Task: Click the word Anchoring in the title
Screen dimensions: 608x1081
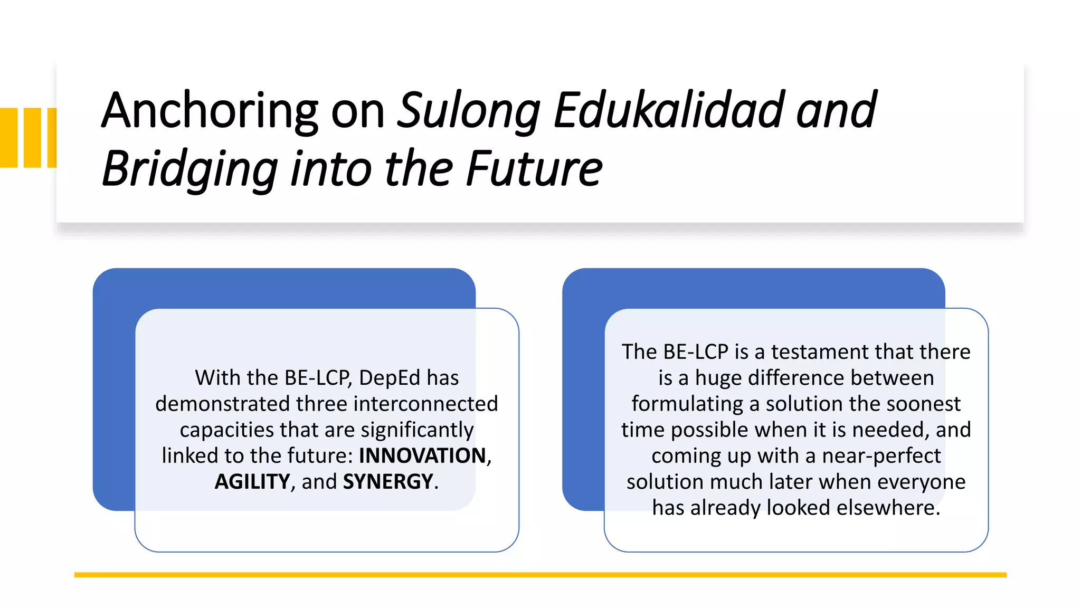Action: click(210, 111)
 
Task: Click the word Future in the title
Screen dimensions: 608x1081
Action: click(534, 169)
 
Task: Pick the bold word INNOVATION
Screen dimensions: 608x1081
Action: click(422, 455)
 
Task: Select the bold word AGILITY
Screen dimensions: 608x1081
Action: click(252, 481)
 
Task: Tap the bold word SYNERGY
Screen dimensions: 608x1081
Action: click(388, 481)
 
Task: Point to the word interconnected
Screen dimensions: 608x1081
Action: click(425, 404)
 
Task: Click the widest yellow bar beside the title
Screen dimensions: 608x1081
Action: click(8, 138)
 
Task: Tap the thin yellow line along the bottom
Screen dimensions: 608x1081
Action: click(540, 575)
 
